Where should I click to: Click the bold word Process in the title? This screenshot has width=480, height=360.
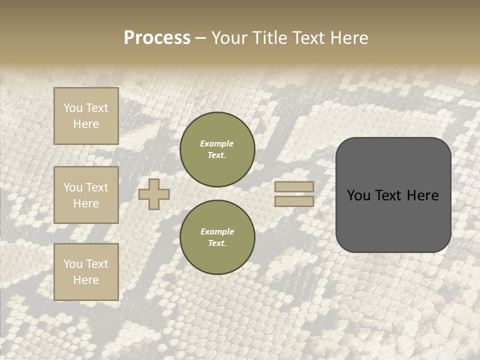click(157, 38)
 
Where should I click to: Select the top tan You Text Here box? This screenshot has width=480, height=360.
click(86, 116)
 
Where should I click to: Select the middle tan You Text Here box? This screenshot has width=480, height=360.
click(86, 195)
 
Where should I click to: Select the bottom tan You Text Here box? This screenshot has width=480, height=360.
click(86, 272)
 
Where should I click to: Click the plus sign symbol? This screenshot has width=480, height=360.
click(154, 194)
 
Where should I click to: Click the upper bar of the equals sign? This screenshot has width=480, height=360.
click(294, 187)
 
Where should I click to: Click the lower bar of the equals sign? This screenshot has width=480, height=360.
click(294, 201)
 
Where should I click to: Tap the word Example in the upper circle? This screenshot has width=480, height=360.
click(216, 143)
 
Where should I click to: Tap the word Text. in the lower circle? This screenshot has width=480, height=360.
click(217, 243)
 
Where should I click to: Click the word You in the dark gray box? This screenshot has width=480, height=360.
click(358, 195)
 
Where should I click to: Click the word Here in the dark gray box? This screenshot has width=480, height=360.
click(422, 195)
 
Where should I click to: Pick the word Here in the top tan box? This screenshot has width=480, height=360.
click(86, 124)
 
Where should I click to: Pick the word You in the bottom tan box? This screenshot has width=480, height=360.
click(73, 264)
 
